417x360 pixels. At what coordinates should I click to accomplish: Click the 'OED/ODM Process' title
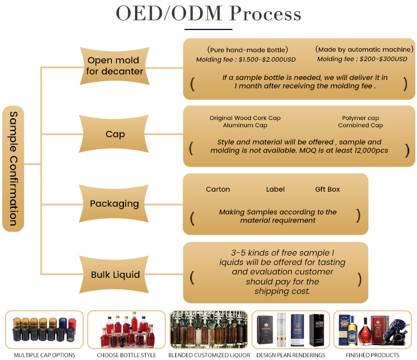click(x=209, y=13)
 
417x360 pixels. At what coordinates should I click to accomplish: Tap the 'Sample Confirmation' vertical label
click(x=13, y=169)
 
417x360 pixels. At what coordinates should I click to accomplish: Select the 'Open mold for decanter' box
click(x=115, y=66)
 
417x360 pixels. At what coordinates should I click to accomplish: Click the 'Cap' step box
click(x=114, y=134)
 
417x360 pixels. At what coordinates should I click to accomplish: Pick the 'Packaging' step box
click(x=114, y=203)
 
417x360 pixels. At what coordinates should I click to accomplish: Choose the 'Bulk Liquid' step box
click(x=114, y=274)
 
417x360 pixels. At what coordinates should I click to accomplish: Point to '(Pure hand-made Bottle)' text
click(x=247, y=50)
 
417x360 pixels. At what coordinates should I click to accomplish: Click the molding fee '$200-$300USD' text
click(x=383, y=59)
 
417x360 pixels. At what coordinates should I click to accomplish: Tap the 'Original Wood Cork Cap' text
click(x=245, y=118)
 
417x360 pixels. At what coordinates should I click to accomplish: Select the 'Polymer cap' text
click(x=360, y=118)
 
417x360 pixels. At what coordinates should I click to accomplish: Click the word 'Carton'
click(x=218, y=189)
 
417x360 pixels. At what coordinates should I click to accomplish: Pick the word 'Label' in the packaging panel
click(x=275, y=189)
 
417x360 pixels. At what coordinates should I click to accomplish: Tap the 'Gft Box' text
click(x=327, y=189)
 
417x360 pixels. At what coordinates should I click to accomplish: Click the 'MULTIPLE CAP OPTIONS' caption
click(x=44, y=355)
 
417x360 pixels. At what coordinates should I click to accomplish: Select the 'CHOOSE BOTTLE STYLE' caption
click(x=126, y=355)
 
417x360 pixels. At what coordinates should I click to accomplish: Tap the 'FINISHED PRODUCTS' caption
click(x=373, y=355)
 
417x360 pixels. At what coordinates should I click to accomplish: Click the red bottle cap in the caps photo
click(x=72, y=323)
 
